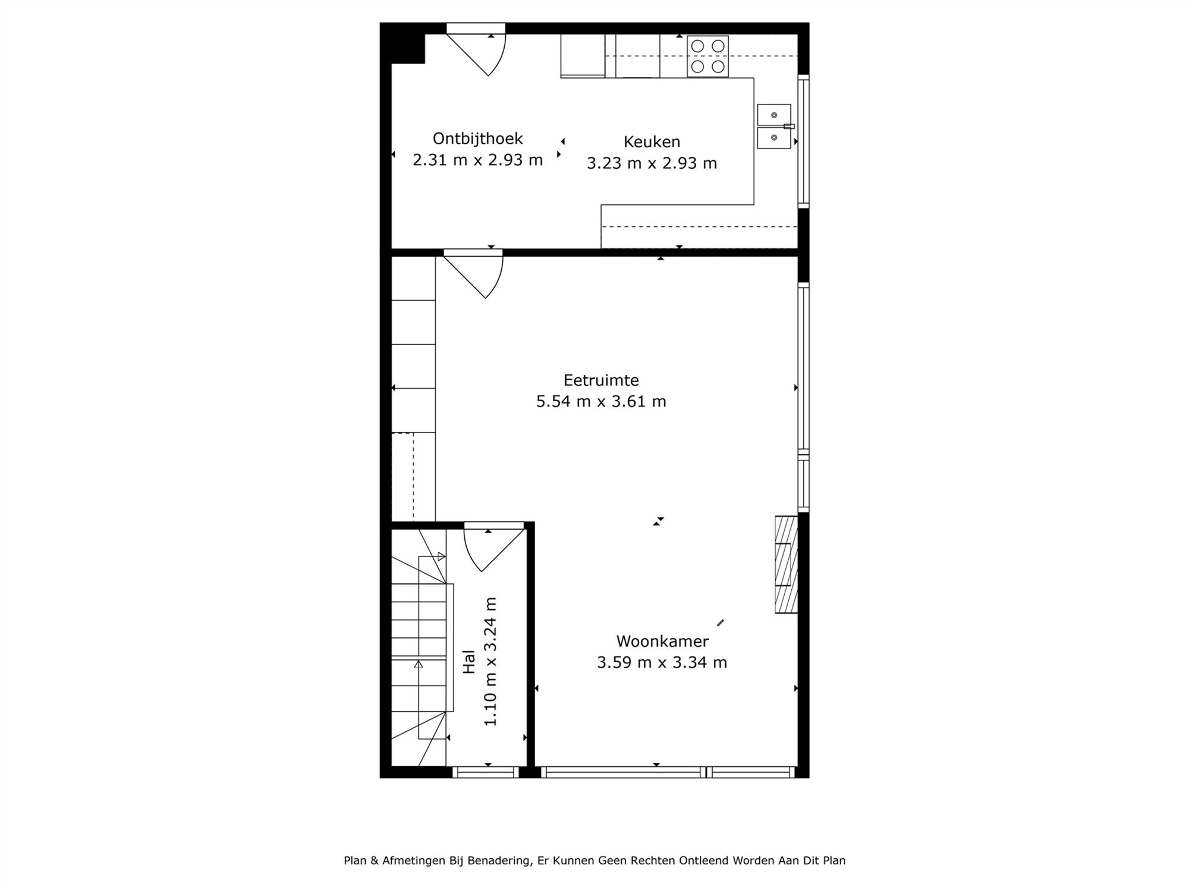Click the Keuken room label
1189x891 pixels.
click(x=652, y=142)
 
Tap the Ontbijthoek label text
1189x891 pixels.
click(x=477, y=138)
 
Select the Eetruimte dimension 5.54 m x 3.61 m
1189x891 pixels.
click(x=601, y=402)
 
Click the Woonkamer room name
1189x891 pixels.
click(x=662, y=642)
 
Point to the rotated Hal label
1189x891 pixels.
click(x=469, y=661)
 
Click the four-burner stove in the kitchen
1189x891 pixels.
click(x=707, y=56)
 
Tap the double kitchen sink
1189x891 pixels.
click(x=773, y=127)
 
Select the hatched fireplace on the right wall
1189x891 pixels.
click(x=786, y=564)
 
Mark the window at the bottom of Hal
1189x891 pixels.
click(x=485, y=772)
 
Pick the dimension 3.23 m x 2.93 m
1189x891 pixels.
click(x=652, y=163)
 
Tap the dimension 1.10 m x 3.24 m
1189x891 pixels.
click(x=490, y=661)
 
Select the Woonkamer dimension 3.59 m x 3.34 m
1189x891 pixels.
click(x=662, y=662)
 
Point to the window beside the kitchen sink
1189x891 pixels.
click(x=803, y=141)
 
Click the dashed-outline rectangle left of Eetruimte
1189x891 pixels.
click(x=402, y=477)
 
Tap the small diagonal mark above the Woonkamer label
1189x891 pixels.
click(x=721, y=623)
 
